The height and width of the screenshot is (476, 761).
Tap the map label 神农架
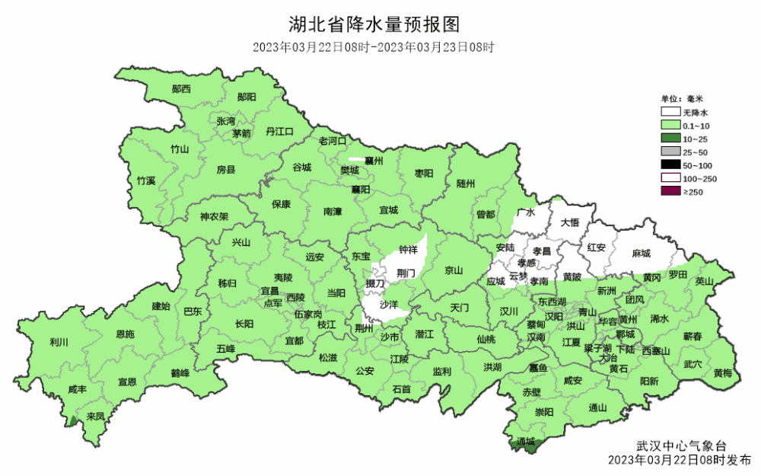click(x=215, y=216)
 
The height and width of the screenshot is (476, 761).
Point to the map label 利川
click(x=58, y=342)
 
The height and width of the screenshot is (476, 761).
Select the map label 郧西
click(x=181, y=89)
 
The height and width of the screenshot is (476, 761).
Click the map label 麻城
click(x=642, y=253)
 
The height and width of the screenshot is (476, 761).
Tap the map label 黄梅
click(x=723, y=372)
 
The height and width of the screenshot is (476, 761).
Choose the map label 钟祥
click(x=408, y=250)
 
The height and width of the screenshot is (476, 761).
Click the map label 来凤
click(x=95, y=417)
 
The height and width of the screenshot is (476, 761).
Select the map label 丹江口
click(x=279, y=132)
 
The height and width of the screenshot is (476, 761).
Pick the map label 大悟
click(x=570, y=222)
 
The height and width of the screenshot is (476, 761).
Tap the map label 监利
click(x=441, y=371)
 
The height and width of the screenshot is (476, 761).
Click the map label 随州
click(x=466, y=184)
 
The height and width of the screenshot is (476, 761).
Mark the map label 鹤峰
click(x=180, y=372)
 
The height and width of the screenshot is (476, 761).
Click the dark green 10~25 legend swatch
click(x=670, y=138)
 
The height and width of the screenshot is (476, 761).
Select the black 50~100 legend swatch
click(x=670, y=165)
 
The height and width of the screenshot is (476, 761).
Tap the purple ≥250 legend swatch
click(x=670, y=192)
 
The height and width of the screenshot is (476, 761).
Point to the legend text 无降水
click(x=696, y=111)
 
